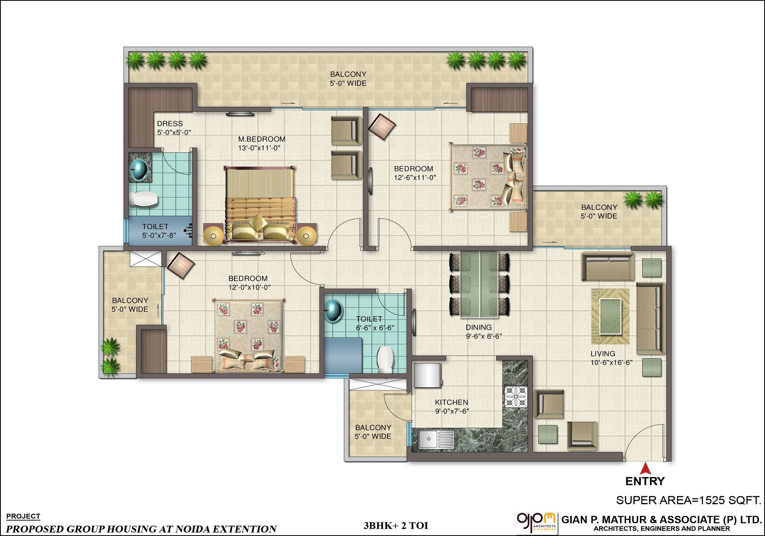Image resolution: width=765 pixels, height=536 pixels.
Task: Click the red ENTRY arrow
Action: pyautogui.click(x=645, y=468)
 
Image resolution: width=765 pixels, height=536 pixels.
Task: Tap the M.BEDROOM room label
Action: pyautogui.click(x=262, y=144)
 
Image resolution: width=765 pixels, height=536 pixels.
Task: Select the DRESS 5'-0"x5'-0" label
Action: pyautogui.click(x=174, y=128)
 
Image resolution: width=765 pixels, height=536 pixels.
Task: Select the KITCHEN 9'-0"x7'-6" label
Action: pyautogui.click(x=452, y=407)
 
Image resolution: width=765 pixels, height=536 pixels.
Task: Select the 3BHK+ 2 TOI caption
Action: pyautogui.click(x=396, y=526)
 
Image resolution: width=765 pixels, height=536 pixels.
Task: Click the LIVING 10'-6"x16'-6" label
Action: pyautogui.click(x=611, y=358)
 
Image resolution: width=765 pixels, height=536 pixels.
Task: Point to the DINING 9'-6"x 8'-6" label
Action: pyautogui.click(x=483, y=332)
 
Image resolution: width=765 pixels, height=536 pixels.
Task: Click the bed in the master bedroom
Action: pyautogui.click(x=260, y=205)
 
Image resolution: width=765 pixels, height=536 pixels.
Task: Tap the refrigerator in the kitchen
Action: pyautogui.click(x=428, y=375)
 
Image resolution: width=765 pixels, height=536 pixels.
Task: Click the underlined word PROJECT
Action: pyautogui.click(x=23, y=516)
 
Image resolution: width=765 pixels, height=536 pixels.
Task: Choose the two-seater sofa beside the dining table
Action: pyautogui.click(x=607, y=266)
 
